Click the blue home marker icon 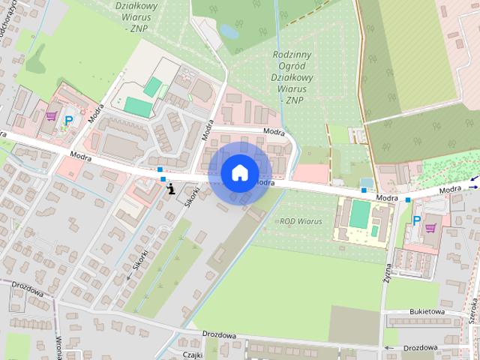(239, 172)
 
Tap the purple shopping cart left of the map (51, 116)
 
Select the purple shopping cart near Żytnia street (430, 227)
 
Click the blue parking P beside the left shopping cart (69, 120)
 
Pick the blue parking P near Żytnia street (417, 220)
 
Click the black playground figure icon (172, 188)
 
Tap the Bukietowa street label (427, 311)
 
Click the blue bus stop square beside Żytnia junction (408, 200)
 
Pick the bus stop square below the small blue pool (364, 190)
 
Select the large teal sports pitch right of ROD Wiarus (360, 215)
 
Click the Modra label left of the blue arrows (451, 190)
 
